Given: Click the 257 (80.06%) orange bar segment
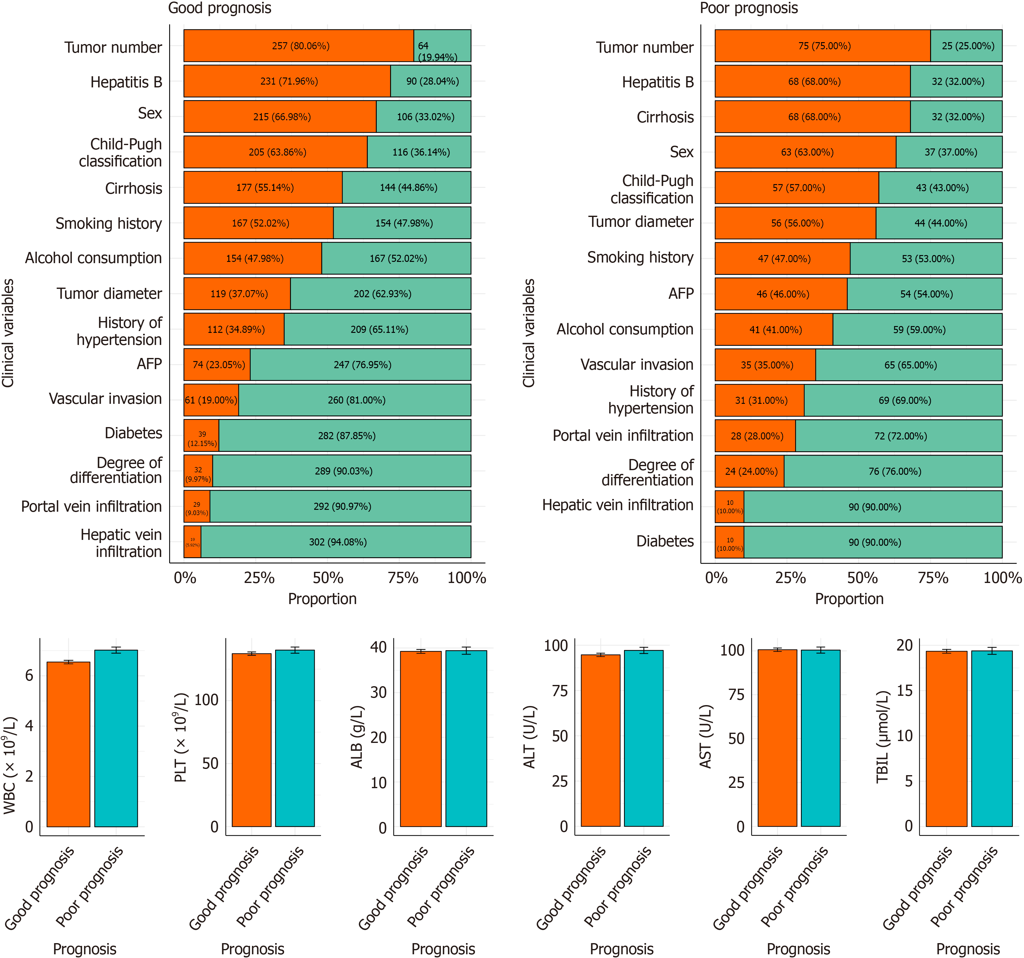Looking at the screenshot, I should (299, 46).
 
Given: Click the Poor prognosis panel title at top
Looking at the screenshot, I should (749, 8).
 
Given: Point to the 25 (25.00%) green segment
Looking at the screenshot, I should (966, 46).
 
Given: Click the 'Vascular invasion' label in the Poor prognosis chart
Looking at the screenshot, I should (637, 365).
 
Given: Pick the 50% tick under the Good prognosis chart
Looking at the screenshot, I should (328, 578).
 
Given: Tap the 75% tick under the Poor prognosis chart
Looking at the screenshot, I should (933, 578).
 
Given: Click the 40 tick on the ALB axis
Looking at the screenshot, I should (379, 647).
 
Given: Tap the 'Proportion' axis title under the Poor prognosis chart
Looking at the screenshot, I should (849, 599).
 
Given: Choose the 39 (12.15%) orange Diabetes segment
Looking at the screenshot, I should (201, 435).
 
